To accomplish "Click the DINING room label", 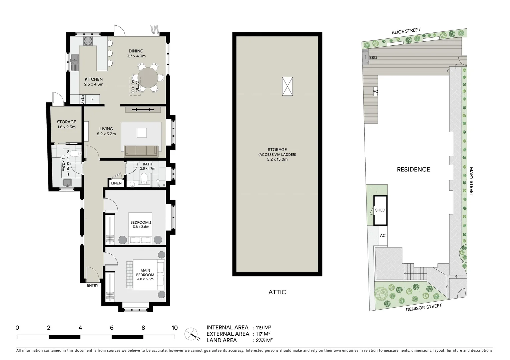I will click(x=136, y=51).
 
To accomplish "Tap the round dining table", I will click(x=148, y=78).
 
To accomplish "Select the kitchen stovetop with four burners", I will click(x=88, y=41).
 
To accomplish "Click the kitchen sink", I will click(x=74, y=61).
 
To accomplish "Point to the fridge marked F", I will click(x=93, y=99).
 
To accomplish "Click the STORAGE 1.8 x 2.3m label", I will click(x=66, y=124).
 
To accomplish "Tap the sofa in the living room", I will click(x=141, y=151).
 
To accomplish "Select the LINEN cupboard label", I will click(x=116, y=183).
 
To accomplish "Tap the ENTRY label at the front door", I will click(x=93, y=285).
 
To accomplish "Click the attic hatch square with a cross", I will click(x=287, y=86).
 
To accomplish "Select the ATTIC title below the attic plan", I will click(x=277, y=292).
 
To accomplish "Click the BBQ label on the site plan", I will click(x=373, y=57).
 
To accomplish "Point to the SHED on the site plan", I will click(x=380, y=210).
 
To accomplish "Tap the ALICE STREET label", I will click(x=406, y=31).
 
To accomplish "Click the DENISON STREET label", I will click(x=424, y=307).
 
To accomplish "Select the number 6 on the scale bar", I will click(x=112, y=328).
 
